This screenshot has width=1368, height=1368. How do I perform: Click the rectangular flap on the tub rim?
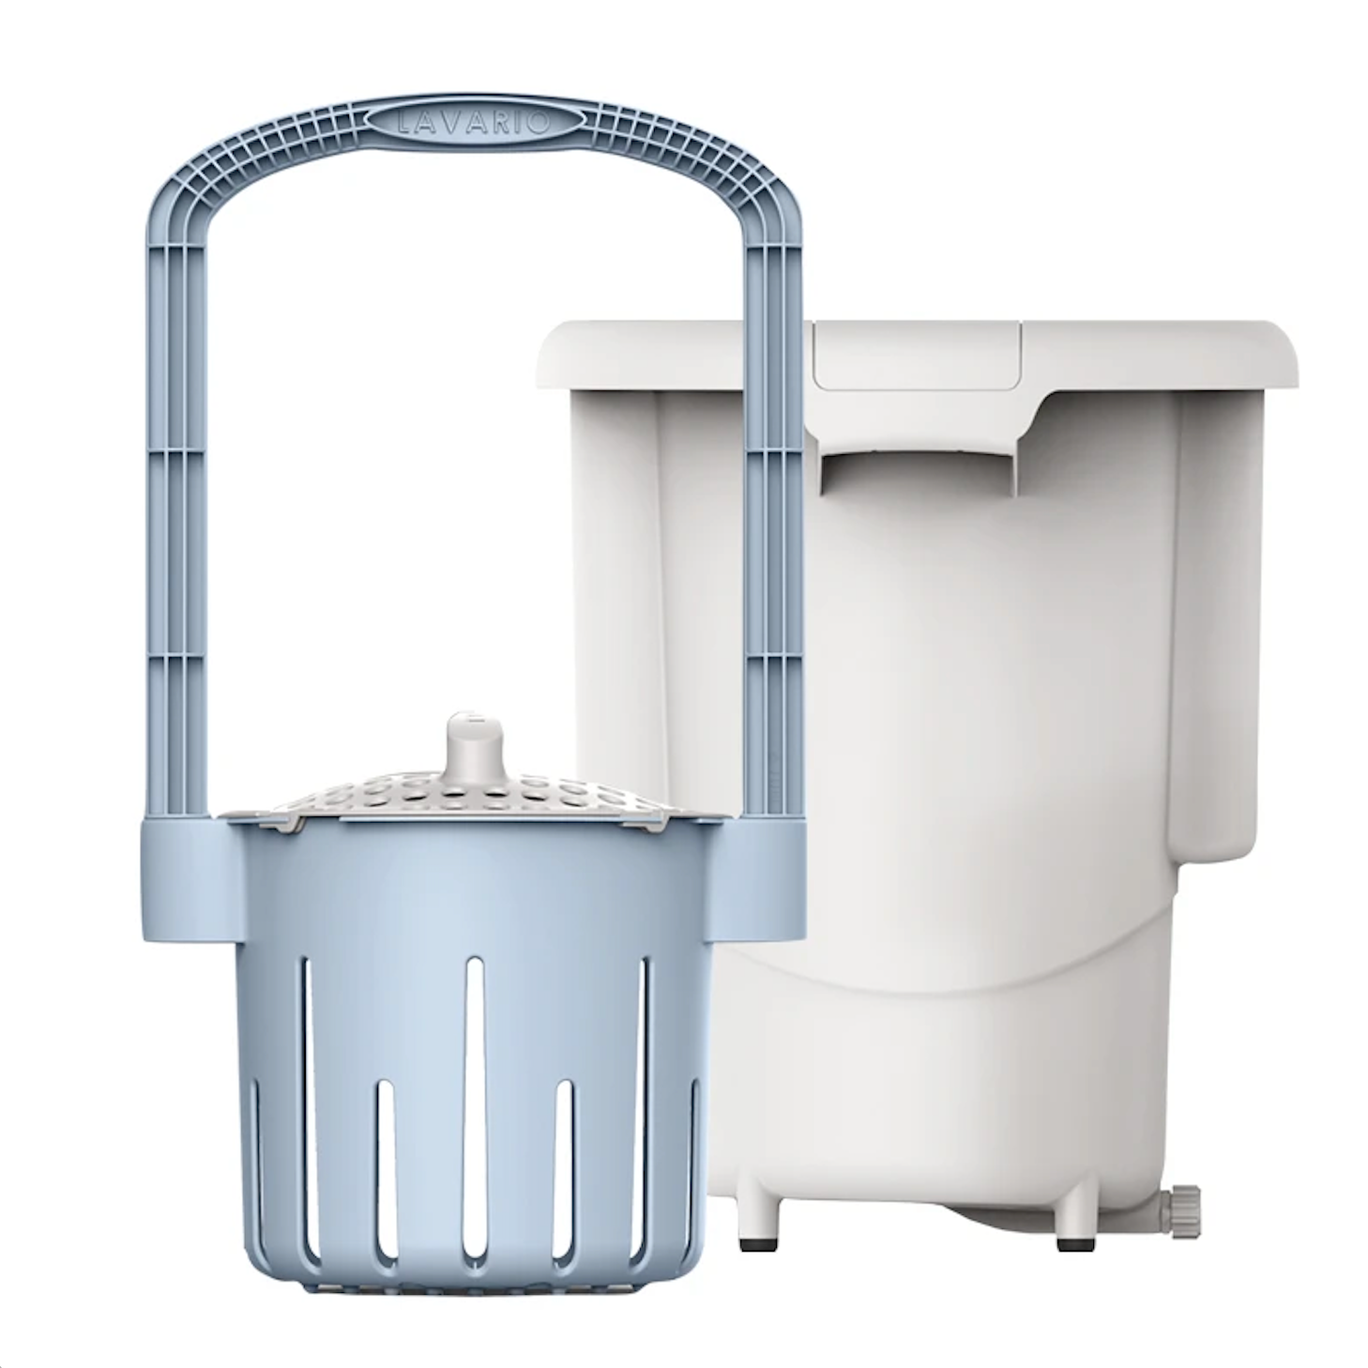click(916, 354)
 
